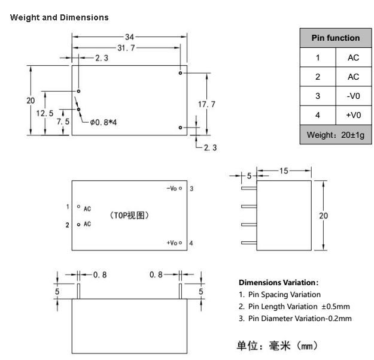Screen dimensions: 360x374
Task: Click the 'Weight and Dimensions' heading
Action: (60, 17)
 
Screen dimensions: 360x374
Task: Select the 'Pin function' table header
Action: (335, 38)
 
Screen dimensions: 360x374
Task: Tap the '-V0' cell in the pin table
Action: (353, 96)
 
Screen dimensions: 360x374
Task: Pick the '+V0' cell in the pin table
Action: (353, 115)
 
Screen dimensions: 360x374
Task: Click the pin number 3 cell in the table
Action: (318, 96)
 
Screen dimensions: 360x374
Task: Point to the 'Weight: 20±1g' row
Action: (335, 135)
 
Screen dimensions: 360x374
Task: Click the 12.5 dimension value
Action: (45, 113)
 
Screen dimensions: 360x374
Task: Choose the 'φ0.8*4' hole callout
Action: (103, 122)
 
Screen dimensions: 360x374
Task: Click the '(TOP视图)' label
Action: (129, 215)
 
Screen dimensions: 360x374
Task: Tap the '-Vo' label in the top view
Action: (172, 189)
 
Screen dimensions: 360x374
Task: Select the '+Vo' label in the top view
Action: (172, 243)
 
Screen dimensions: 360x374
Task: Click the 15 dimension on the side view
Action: (284, 171)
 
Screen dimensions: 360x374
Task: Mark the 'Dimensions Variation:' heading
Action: (278, 282)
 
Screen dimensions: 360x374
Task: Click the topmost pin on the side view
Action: (249, 188)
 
